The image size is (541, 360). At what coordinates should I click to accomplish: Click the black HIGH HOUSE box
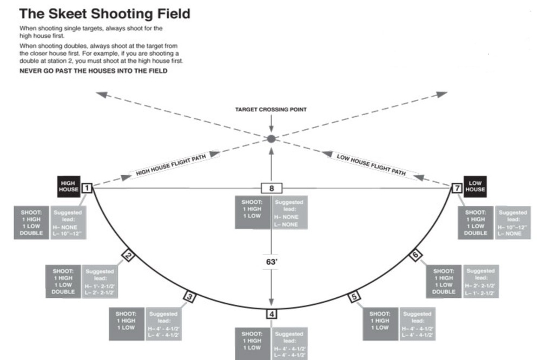click(69, 186)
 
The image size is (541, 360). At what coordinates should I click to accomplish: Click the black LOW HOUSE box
click(475, 186)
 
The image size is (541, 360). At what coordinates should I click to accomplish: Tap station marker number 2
click(128, 255)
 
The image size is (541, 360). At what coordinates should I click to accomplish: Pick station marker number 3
click(189, 296)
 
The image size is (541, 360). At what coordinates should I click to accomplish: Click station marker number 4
click(272, 314)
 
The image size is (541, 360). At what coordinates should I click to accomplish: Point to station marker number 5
click(354, 296)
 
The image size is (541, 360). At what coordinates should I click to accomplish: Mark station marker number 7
click(456, 188)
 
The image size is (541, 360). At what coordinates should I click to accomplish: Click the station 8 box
click(272, 188)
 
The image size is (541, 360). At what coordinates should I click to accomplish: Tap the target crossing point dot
click(272, 139)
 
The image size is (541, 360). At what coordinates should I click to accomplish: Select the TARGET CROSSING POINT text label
click(271, 110)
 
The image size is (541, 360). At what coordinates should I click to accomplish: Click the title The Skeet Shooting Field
click(105, 14)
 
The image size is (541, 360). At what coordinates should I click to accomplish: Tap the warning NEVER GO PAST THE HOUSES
click(93, 71)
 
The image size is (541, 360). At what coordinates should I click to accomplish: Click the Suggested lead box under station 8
click(289, 212)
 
